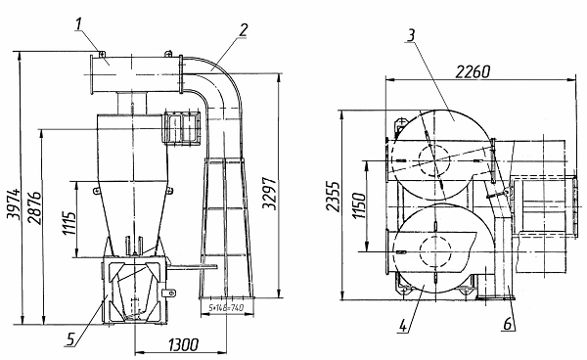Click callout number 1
[78, 23]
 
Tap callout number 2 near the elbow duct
[244, 29]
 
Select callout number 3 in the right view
[411, 35]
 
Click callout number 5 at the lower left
[70, 339]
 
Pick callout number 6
[507, 324]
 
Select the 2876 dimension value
[35, 208]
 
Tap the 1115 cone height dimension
[68, 223]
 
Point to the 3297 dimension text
[270, 194]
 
